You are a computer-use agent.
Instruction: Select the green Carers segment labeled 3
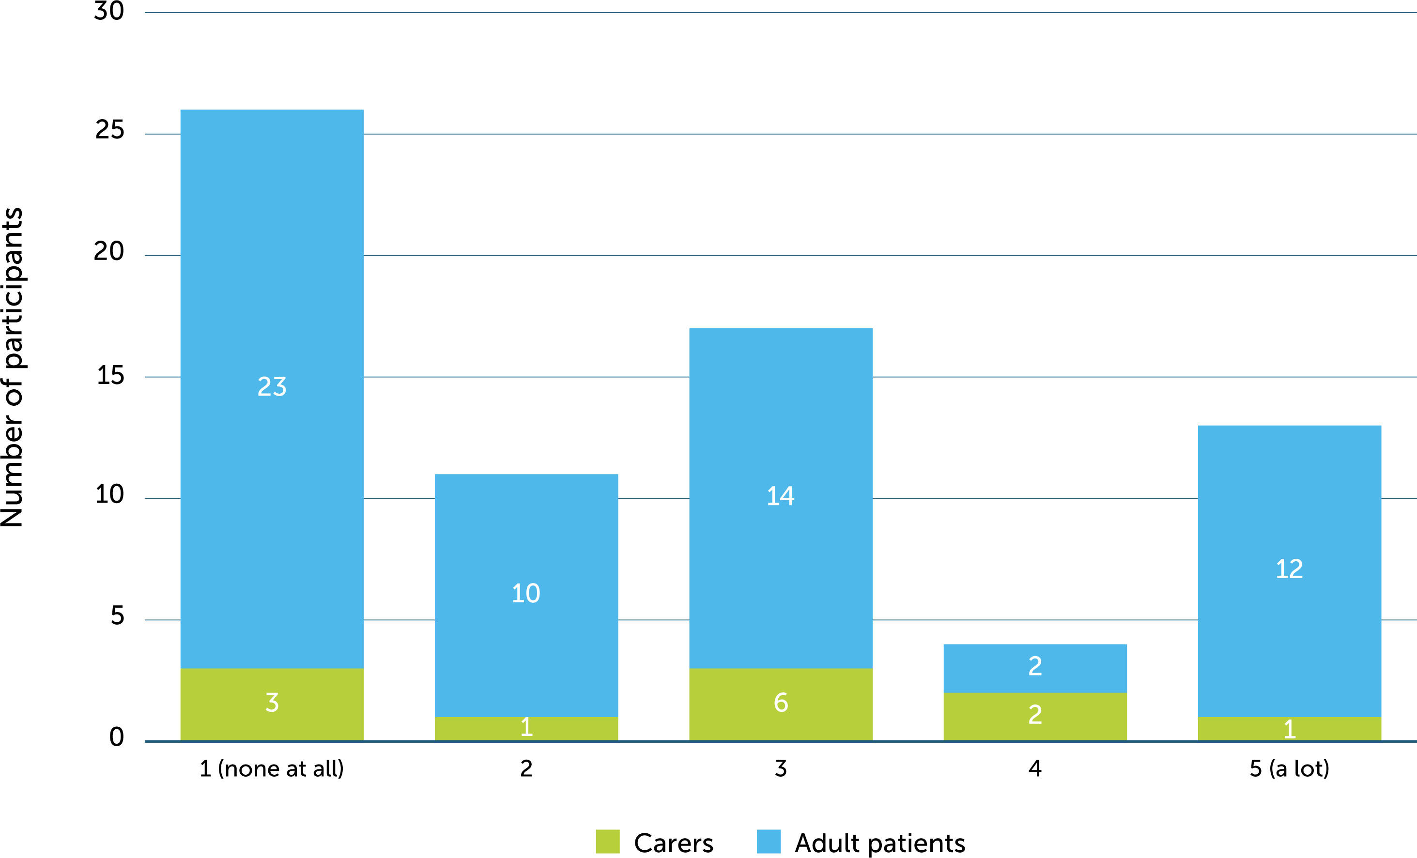coord(272,704)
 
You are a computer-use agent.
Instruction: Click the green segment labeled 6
coord(780,704)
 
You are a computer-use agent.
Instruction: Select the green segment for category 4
coord(1034,716)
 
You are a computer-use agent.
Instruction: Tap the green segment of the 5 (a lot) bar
coord(1289,729)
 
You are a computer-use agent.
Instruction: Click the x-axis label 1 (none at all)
coord(271,769)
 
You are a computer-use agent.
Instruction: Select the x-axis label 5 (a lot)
coord(1289,769)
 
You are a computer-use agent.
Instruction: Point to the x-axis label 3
coord(780,769)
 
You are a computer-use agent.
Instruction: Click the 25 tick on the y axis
coord(109,130)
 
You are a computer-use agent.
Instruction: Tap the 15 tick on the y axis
coord(110,376)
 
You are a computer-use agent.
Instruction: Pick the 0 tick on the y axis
coord(116,736)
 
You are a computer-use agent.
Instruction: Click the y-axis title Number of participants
coord(13,368)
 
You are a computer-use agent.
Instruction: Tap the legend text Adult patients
coord(879,843)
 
